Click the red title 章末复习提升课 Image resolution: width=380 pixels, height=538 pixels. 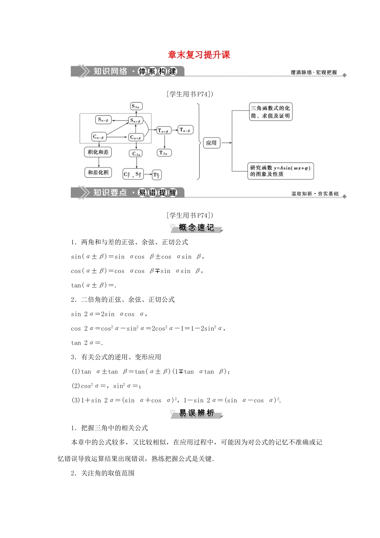199,55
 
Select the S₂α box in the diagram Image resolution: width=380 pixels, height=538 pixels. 136,106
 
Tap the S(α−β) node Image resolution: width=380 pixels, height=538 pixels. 103,120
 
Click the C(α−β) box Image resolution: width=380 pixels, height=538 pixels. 99,137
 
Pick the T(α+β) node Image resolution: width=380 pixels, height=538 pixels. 163,130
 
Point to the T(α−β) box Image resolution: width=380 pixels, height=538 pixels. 185,130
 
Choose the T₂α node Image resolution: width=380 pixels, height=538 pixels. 164,153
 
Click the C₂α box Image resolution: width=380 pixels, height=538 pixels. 136,154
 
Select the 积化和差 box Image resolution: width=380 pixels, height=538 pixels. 98,152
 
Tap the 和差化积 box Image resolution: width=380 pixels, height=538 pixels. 98,173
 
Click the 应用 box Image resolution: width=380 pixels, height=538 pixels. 211,143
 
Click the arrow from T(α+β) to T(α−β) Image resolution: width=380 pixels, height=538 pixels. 174,130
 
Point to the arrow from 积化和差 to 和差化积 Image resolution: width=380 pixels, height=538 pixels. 98,163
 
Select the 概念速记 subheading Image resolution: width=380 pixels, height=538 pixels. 196,228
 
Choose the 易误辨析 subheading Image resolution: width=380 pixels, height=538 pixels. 196,413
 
